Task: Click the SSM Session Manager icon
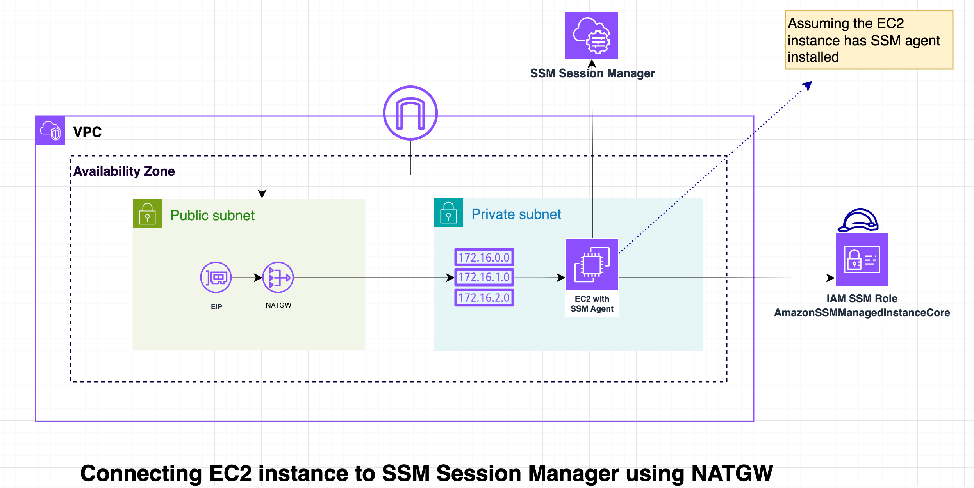591,35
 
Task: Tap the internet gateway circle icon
410,113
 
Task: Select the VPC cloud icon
50,130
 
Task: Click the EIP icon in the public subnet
216,277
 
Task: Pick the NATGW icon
278,277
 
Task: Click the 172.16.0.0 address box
484,257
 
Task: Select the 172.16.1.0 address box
484,277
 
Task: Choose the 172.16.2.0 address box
484,297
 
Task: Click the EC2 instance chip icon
592,265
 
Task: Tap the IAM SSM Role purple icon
862,260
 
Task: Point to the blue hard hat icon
858,220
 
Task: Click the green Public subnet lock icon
147,214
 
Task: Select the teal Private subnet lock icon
448,213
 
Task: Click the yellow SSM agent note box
869,40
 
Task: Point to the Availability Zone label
124,171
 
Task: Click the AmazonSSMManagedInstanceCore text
862,313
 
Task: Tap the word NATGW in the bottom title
732,474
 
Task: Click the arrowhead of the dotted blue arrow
808,85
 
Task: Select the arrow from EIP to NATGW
247,278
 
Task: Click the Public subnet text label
212,216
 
